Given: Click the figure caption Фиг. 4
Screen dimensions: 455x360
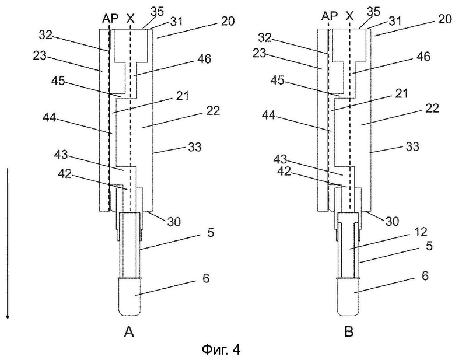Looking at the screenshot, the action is [x=221, y=349].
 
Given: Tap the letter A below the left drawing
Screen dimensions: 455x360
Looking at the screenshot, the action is [x=129, y=331].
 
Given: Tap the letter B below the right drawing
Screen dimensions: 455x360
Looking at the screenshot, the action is [x=349, y=331].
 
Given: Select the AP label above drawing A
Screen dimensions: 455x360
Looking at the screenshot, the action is [x=111, y=19].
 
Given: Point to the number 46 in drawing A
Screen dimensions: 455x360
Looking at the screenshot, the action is [x=204, y=59].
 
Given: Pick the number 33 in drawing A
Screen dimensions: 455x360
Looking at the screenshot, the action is [x=194, y=147].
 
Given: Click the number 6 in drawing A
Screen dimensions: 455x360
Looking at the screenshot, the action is [x=206, y=278].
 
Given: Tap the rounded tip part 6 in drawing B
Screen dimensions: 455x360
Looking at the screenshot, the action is [x=348, y=297].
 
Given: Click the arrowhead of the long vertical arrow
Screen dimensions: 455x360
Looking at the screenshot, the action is [x=8, y=316].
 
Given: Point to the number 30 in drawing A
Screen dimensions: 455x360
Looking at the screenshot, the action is [x=173, y=222].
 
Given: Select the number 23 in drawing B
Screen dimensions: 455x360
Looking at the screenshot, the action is [x=260, y=53].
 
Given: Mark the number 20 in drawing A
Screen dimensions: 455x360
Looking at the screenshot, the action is [x=227, y=21].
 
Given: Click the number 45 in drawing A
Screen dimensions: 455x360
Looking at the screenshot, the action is [x=58, y=81].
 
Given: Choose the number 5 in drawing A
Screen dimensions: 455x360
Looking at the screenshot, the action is [x=211, y=233].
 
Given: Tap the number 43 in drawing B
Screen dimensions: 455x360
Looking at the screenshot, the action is [x=280, y=160].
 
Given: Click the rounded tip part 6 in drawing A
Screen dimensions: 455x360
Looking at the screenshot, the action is [x=129, y=297].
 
